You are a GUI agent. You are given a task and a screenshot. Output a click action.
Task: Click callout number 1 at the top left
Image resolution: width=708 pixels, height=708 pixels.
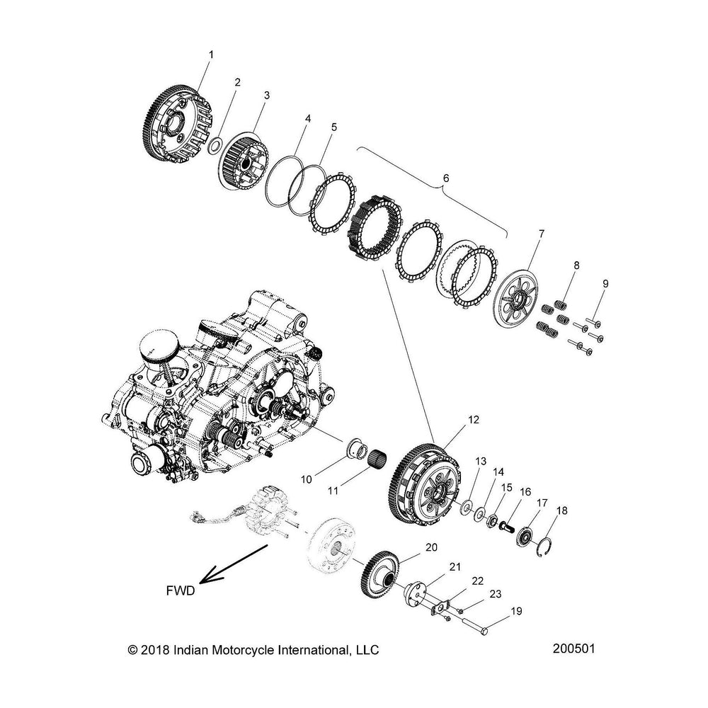210,54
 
